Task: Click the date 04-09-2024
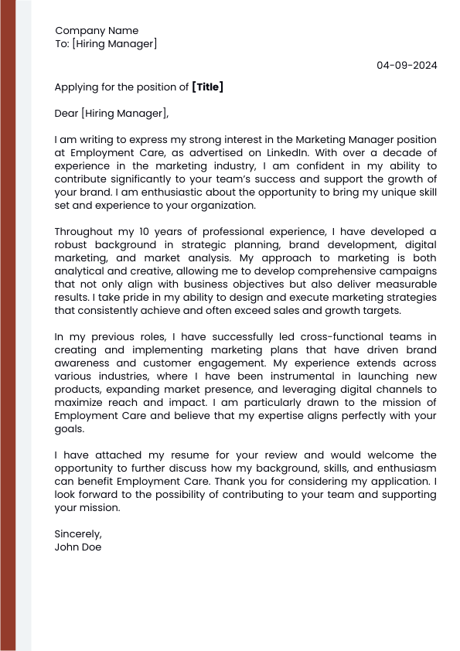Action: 407,65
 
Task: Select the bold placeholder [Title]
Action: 207,87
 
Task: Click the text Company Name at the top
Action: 97,31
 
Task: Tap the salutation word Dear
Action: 66,114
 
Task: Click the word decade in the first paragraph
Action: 417,152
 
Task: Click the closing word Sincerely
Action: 78,534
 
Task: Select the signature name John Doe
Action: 78,547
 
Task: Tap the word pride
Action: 138,298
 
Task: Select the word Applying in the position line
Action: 76,87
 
